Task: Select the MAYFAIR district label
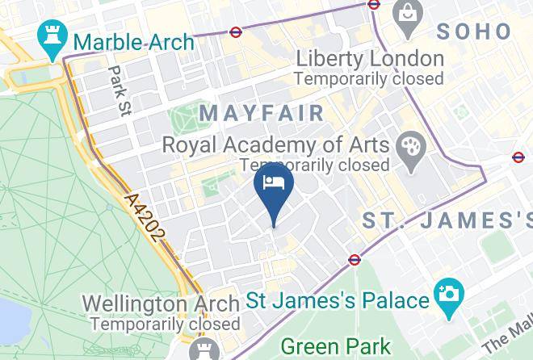(262, 113)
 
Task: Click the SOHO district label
(473, 31)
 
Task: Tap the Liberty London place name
(369, 59)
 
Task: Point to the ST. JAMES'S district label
(446, 220)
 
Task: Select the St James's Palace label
(338, 301)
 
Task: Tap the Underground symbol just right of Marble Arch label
(235, 33)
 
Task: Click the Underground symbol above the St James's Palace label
(355, 260)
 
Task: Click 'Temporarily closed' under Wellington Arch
(165, 324)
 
